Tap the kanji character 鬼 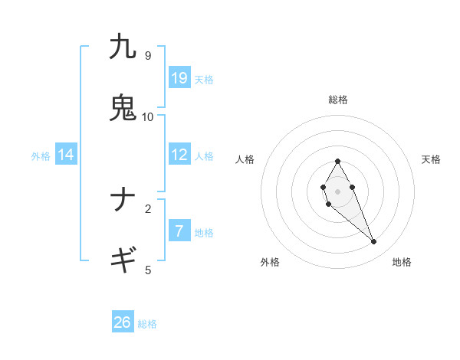tap(123, 107)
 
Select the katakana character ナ tap(123, 200)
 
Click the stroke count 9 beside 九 tap(147, 55)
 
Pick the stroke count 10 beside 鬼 tap(147, 116)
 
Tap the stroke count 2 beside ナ tap(147, 208)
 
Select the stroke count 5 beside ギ tap(147, 270)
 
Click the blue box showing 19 tap(179, 78)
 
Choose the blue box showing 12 tap(179, 155)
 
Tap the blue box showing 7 tap(179, 231)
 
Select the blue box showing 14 tap(66, 155)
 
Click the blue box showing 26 tap(123, 322)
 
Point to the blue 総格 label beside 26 tap(147, 324)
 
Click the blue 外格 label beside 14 tap(41, 156)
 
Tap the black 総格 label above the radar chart tap(337, 100)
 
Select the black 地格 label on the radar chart tap(402, 262)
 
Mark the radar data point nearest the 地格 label tap(374, 242)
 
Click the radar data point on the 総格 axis tap(337, 162)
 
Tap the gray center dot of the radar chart tap(337, 191)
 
